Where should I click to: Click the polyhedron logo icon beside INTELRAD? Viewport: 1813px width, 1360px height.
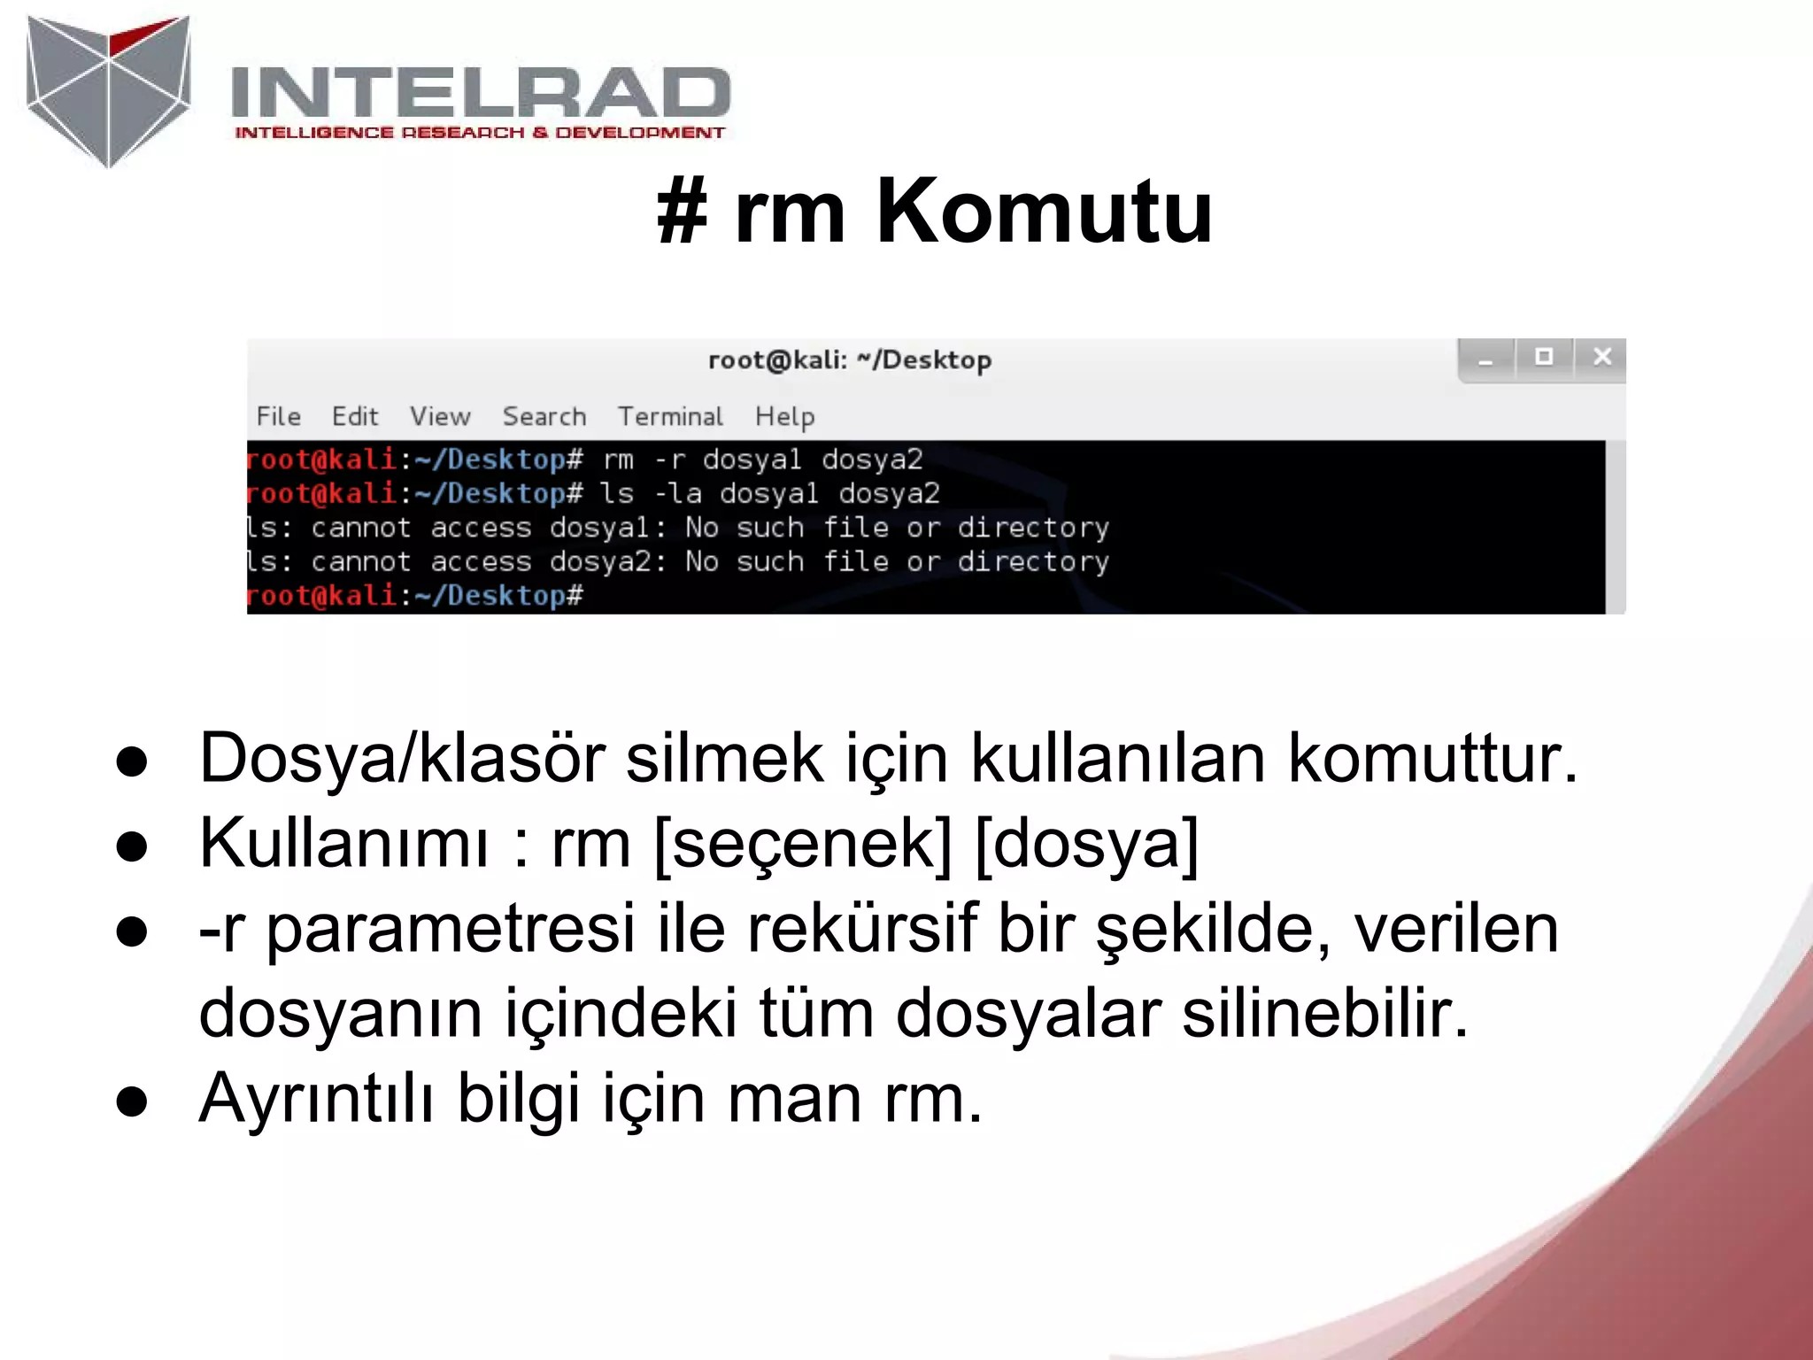pyautogui.click(x=108, y=90)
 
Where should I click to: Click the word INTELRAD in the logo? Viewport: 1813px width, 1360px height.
pyautogui.click(x=480, y=92)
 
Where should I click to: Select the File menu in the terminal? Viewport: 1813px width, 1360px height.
pyautogui.click(x=278, y=416)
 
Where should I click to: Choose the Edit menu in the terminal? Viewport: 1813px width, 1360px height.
pyautogui.click(x=354, y=416)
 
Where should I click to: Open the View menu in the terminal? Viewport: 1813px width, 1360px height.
pyautogui.click(x=440, y=416)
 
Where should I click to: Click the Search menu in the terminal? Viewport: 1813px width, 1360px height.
pyautogui.click(x=544, y=416)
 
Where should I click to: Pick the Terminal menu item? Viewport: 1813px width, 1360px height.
pyautogui.click(x=670, y=416)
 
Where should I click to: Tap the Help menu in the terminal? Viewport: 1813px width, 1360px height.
pyautogui.click(x=784, y=416)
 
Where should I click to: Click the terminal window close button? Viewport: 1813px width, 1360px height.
pyautogui.click(x=1601, y=357)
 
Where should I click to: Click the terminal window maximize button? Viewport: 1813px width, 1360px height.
pyautogui.click(x=1544, y=357)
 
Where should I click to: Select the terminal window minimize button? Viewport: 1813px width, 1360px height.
pyautogui.click(x=1485, y=359)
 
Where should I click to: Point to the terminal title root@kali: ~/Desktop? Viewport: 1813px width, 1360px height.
pyautogui.click(x=849, y=360)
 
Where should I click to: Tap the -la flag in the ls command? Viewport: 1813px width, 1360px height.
pyautogui.click(x=677, y=493)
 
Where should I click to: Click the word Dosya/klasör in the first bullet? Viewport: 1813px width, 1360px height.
pyautogui.click(x=402, y=758)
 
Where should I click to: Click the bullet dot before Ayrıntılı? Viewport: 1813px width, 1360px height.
pyautogui.click(x=132, y=1101)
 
